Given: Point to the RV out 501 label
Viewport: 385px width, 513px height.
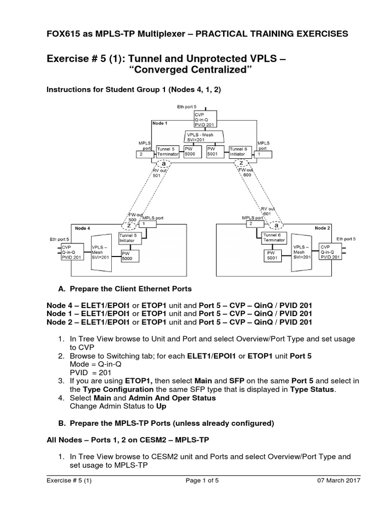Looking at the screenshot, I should point(158,173).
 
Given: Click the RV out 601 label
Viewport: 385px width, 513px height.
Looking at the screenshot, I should point(267,211).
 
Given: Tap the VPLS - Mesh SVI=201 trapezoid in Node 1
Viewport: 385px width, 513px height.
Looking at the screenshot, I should point(205,137).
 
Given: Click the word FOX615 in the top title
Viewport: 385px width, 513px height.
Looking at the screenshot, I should point(64,34).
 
